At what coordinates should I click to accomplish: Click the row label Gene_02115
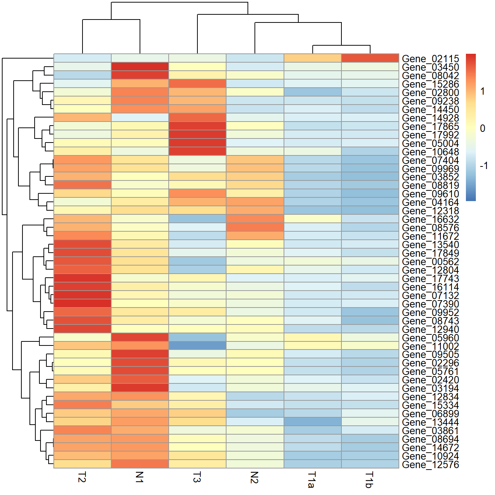click(430, 59)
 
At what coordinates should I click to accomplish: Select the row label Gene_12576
click(430, 464)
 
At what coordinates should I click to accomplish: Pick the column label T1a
click(312, 480)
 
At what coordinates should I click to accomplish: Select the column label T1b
click(369, 480)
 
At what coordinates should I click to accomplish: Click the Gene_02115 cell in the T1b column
click(370, 58)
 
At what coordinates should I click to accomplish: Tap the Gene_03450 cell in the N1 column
click(140, 67)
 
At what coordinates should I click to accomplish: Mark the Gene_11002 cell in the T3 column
click(197, 346)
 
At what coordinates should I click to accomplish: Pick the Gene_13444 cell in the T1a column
click(312, 422)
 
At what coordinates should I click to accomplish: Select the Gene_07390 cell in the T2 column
click(82, 303)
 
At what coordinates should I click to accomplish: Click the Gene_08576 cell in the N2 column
click(255, 227)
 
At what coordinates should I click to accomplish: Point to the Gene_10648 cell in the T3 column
click(197, 151)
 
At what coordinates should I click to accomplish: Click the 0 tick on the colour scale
click(482, 129)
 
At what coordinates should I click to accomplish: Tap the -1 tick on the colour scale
click(484, 165)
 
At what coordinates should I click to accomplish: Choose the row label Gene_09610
click(430, 194)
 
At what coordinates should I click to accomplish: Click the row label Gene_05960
click(430, 338)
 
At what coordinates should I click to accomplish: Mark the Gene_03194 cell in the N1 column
click(140, 388)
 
